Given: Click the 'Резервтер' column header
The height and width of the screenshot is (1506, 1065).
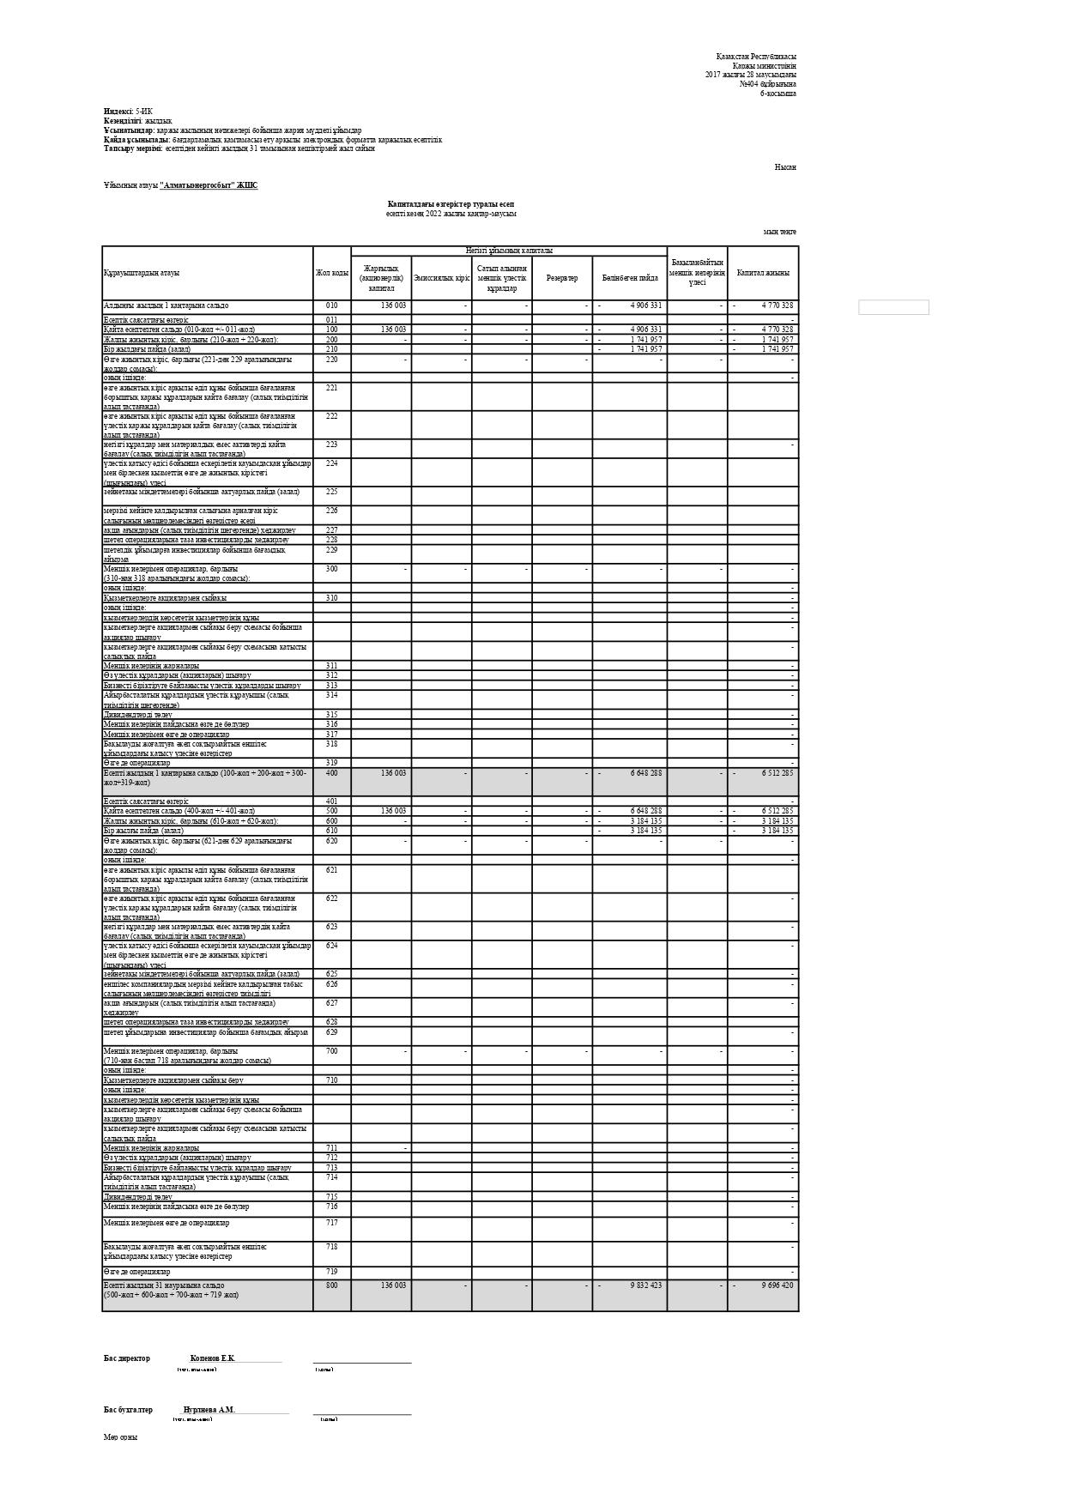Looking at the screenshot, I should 561,278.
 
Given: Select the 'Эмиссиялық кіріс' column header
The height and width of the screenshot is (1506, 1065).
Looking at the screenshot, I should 441,278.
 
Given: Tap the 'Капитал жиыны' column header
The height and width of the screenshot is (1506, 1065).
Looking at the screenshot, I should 762,273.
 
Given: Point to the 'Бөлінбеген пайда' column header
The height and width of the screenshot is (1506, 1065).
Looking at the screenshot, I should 629,278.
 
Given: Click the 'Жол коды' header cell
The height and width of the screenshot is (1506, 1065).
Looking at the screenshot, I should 331,273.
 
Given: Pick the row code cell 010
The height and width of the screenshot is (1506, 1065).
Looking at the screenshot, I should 331,305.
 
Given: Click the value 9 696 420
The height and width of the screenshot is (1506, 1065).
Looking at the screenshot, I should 777,1285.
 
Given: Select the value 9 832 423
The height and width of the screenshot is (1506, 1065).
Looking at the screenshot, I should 645,1285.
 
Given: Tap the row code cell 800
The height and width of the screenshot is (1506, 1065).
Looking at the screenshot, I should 331,1285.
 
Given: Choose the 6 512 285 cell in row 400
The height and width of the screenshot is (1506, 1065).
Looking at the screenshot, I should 777,773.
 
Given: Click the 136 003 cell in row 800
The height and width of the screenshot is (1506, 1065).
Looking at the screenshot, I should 393,1285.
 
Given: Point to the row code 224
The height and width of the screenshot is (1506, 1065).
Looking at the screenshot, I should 331,463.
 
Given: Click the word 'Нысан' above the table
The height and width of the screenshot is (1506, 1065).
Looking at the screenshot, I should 784,167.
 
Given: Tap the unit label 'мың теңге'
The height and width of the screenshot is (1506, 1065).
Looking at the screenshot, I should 779,232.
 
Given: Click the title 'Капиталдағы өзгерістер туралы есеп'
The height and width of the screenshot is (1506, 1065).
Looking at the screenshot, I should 451,204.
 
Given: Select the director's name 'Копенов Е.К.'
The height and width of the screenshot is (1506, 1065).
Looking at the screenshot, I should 212,1358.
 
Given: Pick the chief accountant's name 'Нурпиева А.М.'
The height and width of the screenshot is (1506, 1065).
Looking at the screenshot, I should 209,1410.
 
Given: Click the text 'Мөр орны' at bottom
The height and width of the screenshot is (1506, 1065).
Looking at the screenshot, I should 120,1437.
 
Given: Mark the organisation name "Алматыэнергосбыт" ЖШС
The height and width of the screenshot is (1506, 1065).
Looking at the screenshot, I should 209,185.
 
